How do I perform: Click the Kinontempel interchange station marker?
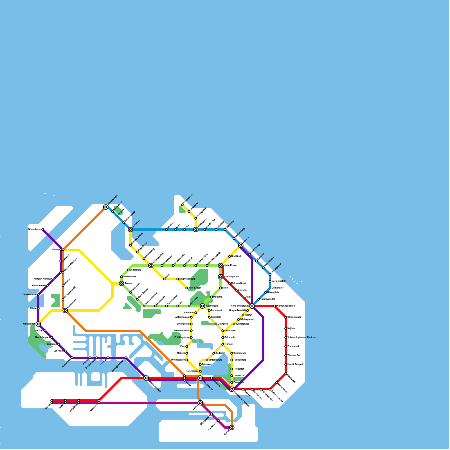click(106, 207)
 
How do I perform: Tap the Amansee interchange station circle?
click(130, 229)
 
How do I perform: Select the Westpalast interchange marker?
click(38, 324)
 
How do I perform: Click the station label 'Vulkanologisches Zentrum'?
click(301, 337)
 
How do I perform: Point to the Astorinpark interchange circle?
click(202, 306)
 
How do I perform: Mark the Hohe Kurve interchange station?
click(220, 265)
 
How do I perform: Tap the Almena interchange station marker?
click(241, 245)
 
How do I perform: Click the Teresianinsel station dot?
click(38, 295)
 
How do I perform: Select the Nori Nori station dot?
click(229, 256)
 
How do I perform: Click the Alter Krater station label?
click(195, 288)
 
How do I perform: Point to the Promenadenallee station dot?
click(274, 306)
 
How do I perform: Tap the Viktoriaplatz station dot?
click(207, 360)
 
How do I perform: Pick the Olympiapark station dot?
click(211, 414)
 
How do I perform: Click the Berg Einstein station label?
click(279, 281)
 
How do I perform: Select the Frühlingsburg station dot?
click(191, 337)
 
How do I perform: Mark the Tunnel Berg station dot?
click(232, 360)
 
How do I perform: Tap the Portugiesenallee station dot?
click(126, 358)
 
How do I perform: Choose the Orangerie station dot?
click(216, 324)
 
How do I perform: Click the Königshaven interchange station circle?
click(200, 378)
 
